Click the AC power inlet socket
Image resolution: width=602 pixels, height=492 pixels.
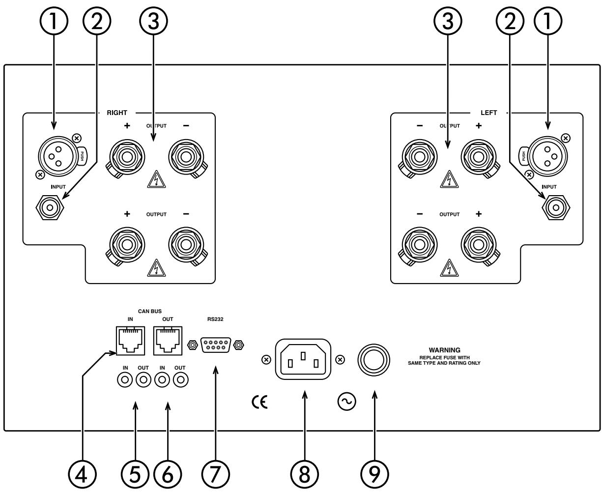pyautogui.click(x=303, y=359)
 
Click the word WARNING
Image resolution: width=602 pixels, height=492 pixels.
pyautogui.click(x=444, y=350)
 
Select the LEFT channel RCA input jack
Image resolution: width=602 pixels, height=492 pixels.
pyautogui.click(x=556, y=208)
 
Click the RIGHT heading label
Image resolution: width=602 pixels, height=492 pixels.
pyautogui.click(x=117, y=113)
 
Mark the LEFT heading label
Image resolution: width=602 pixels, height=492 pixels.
pyautogui.click(x=488, y=113)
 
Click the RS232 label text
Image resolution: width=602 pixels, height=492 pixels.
pyautogui.click(x=214, y=318)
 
